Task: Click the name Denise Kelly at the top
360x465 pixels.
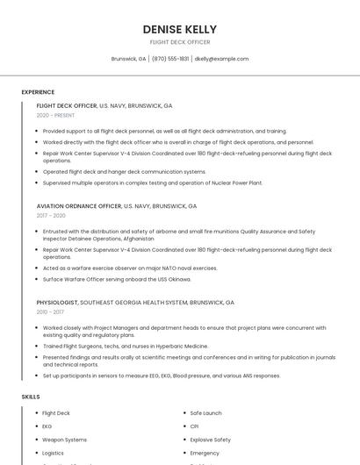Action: click(179, 30)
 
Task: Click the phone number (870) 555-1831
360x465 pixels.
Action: click(170, 59)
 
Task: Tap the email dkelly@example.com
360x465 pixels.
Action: click(221, 59)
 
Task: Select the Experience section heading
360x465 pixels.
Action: click(38, 91)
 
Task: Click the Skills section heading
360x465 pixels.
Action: click(31, 397)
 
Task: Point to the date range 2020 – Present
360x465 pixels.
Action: click(55, 115)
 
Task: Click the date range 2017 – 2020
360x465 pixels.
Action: click(51, 215)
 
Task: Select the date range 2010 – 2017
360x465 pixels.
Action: click(51, 311)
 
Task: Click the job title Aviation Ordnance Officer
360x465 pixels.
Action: click(79, 205)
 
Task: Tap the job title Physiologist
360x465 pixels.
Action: click(57, 302)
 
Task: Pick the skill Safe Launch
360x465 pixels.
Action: click(205, 412)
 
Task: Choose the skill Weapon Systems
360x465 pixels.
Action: click(64, 440)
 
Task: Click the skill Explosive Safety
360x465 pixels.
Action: click(210, 440)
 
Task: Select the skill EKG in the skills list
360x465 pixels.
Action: click(47, 426)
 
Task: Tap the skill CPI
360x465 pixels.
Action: click(194, 426)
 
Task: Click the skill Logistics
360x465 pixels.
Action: click(54, 453)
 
